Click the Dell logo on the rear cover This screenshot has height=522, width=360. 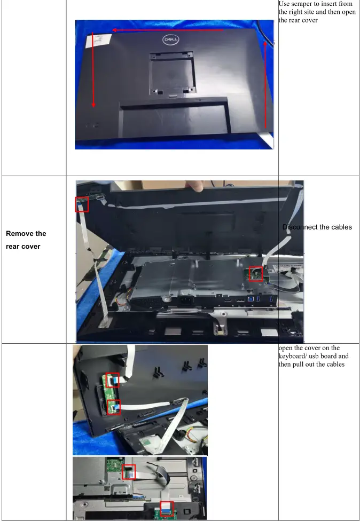[x=170, y=39]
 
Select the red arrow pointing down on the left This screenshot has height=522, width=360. [x=93, y=69]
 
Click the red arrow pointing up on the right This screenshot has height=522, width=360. [x=265, y=85]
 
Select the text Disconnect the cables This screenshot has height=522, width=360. [x=317, y=227]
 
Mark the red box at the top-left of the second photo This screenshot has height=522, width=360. [x=82, y=204]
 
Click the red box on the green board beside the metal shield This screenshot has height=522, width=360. [x=256, y=274]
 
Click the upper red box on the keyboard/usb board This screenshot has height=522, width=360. [x=112, y=381]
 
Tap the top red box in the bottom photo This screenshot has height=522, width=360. [x=129, y=471]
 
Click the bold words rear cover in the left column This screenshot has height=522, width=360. [x=23, y=247]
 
